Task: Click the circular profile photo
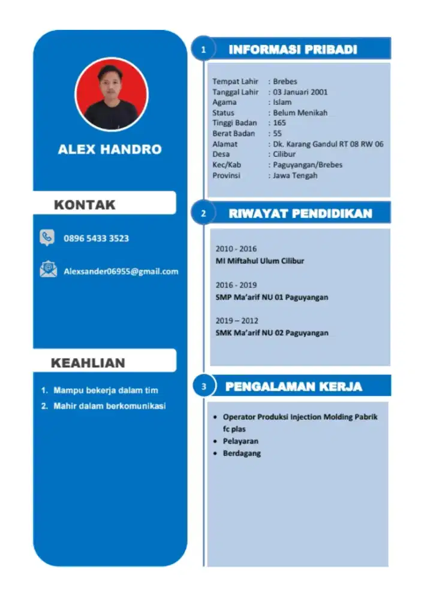click(111, 94)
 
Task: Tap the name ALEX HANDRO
click(110, 149)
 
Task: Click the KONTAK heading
click(85, 204)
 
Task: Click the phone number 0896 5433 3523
click(96, 238)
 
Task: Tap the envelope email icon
click(48, 270)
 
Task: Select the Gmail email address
click(121, 271)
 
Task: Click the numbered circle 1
click(204, 50)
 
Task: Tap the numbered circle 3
click(204, 387)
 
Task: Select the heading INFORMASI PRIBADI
click(293, 50)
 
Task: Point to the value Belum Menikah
click(300, 113)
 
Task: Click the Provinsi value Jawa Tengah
click(295, 176)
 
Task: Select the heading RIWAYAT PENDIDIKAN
click(300, 213)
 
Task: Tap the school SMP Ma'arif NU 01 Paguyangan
click(272, 297)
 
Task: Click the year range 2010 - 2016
click(236, 249)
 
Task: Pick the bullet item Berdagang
click(242, 453)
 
